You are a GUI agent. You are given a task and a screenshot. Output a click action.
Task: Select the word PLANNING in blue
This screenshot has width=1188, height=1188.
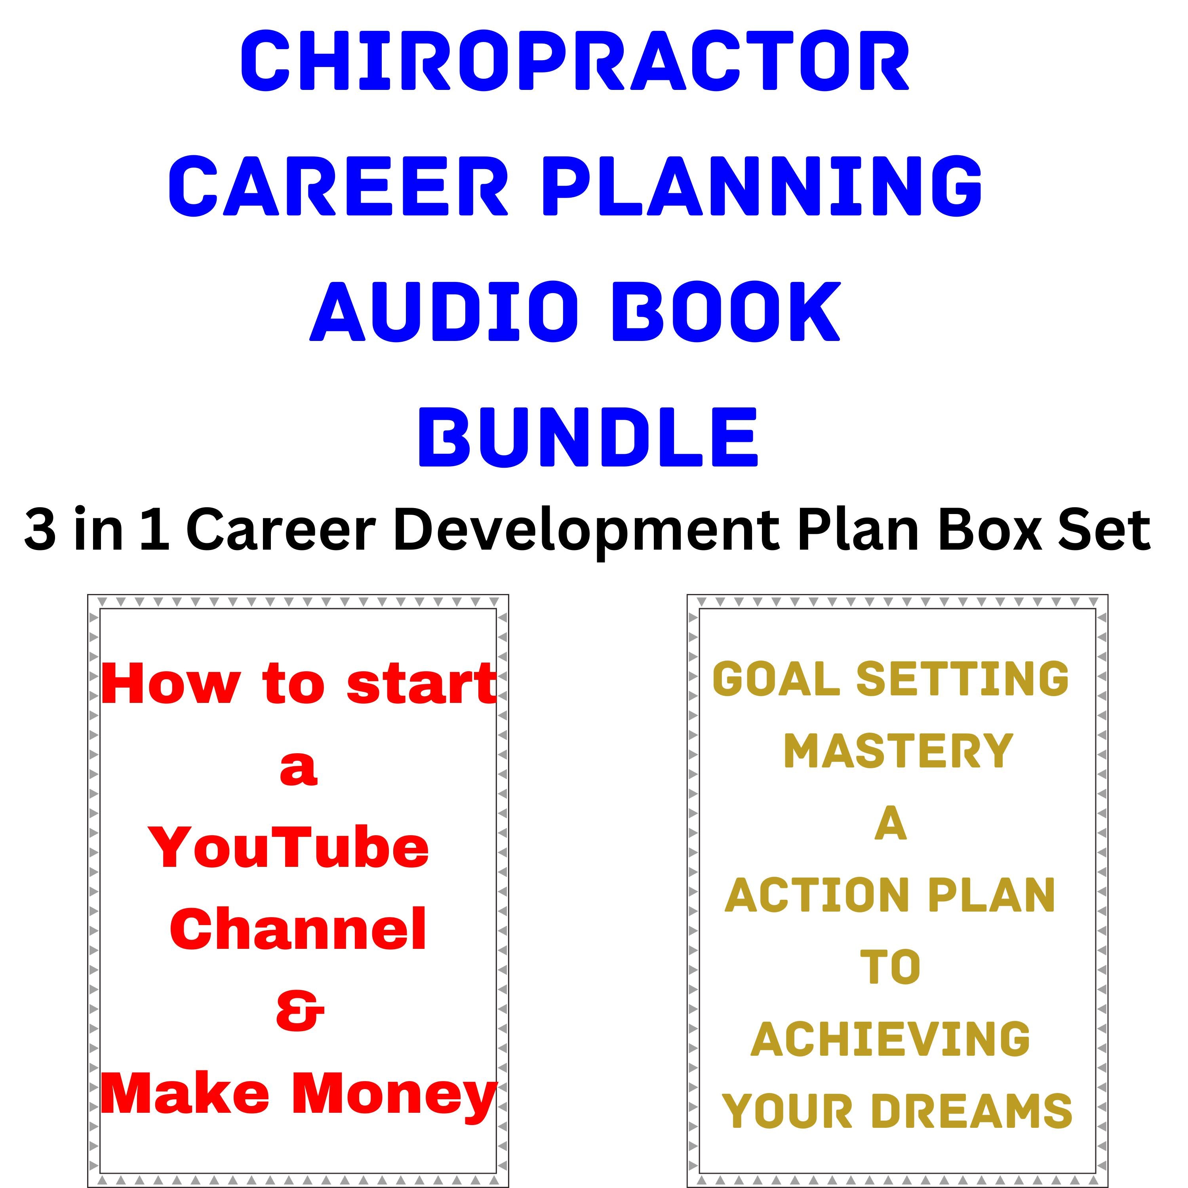pyautogui.click(x=762, y=186)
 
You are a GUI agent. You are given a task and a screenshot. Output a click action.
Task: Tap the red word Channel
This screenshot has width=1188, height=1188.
pyautogui.click(x=298, y=929)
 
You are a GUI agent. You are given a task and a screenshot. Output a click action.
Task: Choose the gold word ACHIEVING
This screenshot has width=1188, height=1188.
pyautogui.click(x=890, y=1039)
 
